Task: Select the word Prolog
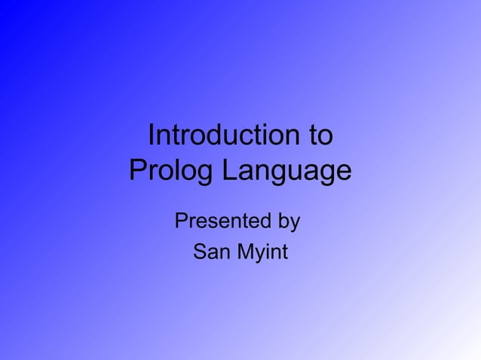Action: coord(170,170)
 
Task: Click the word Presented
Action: coord(223,222)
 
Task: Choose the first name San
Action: coord(212,252)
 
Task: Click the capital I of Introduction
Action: coord(152,136)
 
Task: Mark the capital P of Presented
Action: coord(182,222)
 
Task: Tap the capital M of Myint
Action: coord(247,252)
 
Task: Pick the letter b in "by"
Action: coord(283,222)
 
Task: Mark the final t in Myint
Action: coord(283,252)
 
